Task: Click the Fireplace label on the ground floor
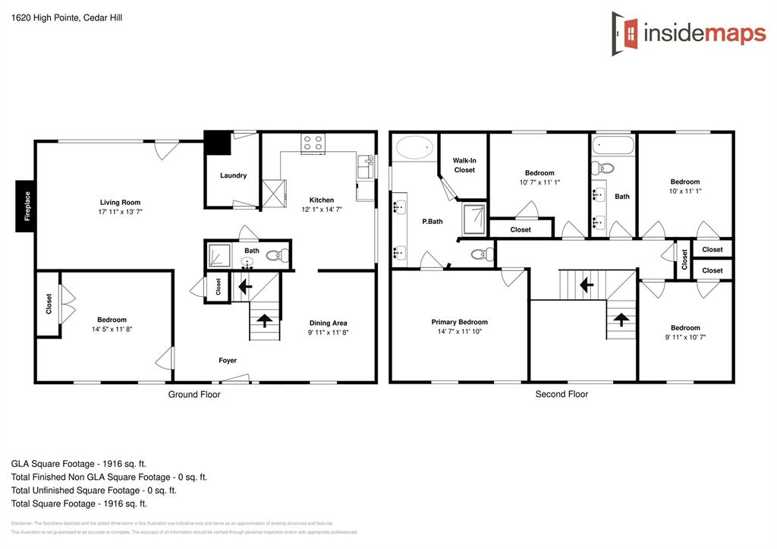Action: (x=27, y=206)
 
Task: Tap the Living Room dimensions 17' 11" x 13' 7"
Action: (x=121, y=212)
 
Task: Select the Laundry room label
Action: (x=233, y=175)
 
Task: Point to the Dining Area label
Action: (x=329, y=323)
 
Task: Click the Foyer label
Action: (x=228, y=361)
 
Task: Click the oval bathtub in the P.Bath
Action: (x=414, y=147)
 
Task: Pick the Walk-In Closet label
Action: (x=464, y=165)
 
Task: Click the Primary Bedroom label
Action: (x=459, y=322)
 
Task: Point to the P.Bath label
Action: (x=433, y=222)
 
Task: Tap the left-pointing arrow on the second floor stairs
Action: (x=586, y=285)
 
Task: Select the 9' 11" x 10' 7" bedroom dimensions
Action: (x=684, y=337)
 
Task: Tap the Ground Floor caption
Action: (x=194, y=394)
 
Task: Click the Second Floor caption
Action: (x=562, y=394)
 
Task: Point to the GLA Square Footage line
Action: (x=79, y=463)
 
